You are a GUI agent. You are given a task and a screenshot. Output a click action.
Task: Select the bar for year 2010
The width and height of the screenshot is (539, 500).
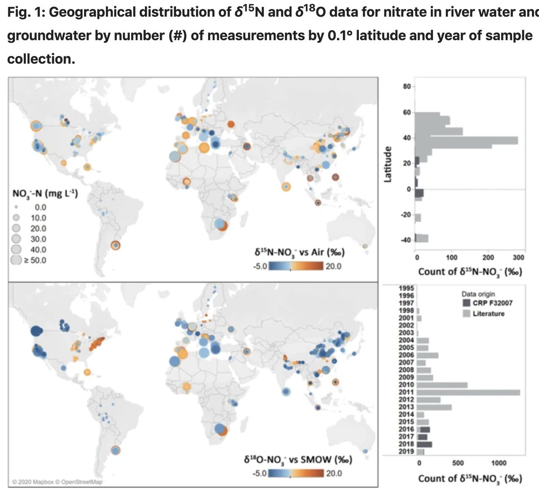442,385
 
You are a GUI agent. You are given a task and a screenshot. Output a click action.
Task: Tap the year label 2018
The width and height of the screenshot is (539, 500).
406,444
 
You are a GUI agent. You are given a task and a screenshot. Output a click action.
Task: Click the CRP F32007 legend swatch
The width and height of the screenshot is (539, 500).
466,303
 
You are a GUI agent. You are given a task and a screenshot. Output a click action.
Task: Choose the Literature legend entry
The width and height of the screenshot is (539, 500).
488,313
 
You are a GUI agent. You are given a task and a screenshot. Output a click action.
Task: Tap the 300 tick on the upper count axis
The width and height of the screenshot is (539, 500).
518,258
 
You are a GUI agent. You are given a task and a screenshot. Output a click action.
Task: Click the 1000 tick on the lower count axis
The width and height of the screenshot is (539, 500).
498,463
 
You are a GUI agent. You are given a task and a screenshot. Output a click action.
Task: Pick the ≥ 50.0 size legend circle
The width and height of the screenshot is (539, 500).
17,260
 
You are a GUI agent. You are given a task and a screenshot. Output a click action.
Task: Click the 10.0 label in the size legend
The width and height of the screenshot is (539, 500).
38,218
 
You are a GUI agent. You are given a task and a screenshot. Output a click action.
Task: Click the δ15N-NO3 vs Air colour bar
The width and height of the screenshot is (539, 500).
295,266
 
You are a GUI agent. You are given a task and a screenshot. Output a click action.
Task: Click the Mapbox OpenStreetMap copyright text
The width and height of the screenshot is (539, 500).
57,482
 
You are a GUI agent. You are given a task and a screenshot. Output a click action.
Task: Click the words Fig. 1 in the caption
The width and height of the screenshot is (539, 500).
25,12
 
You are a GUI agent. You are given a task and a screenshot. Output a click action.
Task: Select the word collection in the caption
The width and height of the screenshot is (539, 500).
40,58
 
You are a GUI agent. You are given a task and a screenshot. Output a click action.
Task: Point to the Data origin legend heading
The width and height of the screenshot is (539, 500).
478,294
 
